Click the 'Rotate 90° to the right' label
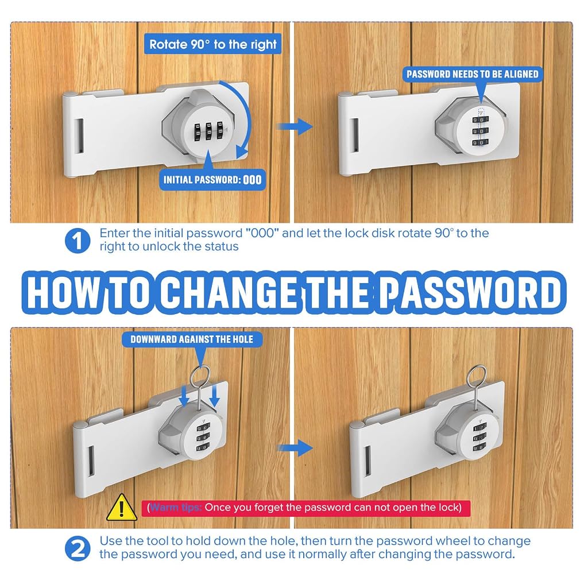click(x=212, y=44)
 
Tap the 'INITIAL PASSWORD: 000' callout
click(x=212, y=180)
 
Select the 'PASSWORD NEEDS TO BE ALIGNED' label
click(x=473, y=74)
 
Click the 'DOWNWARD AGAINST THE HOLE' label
click(x=192, y=339)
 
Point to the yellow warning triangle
click(x=122, y=508)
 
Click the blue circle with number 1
click(x=78, y=241)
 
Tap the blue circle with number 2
click(x=78, y=548)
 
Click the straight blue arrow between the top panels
click(x=295, y=126)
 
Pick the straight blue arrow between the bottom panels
click(x=295, y=448)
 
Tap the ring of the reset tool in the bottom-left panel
click(x=200, y=377)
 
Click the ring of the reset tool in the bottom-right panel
click(x=476, y=377)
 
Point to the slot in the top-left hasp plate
click(x=79, y=136)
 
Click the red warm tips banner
click(x=305, y=508)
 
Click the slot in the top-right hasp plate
click(x=355, y=135)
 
